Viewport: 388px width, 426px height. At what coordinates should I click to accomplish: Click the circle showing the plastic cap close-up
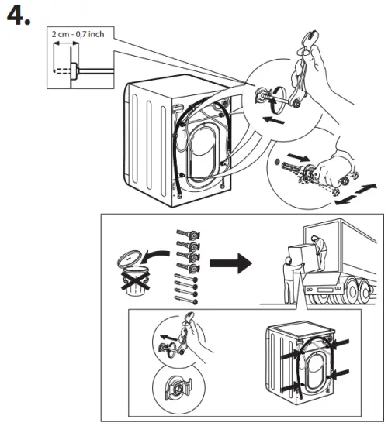178,385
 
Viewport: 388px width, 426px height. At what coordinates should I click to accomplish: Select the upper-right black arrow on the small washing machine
341,338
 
